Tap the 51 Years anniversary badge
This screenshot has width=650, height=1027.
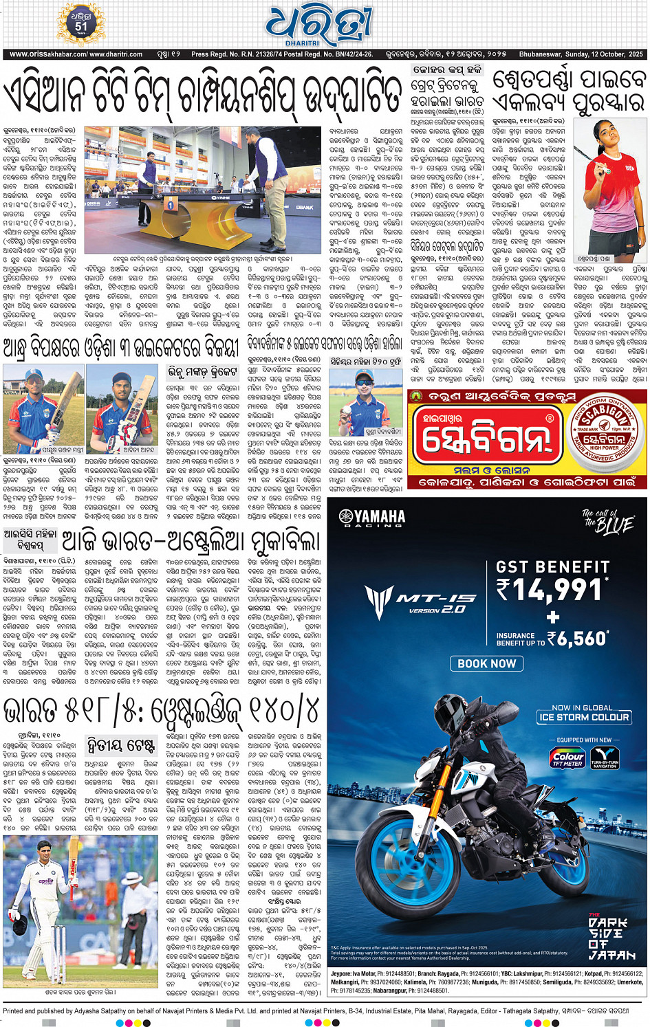(x=81, y=25)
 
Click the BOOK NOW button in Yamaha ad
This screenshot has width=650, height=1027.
(x=486, y=663)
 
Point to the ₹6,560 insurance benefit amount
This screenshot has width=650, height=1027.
(x=582, y=639)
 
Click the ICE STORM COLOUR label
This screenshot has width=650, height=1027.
(x=584, y=717)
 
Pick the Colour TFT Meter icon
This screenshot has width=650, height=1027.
(x=568, y=758)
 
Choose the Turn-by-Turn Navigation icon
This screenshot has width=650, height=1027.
(x=605, y=758)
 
